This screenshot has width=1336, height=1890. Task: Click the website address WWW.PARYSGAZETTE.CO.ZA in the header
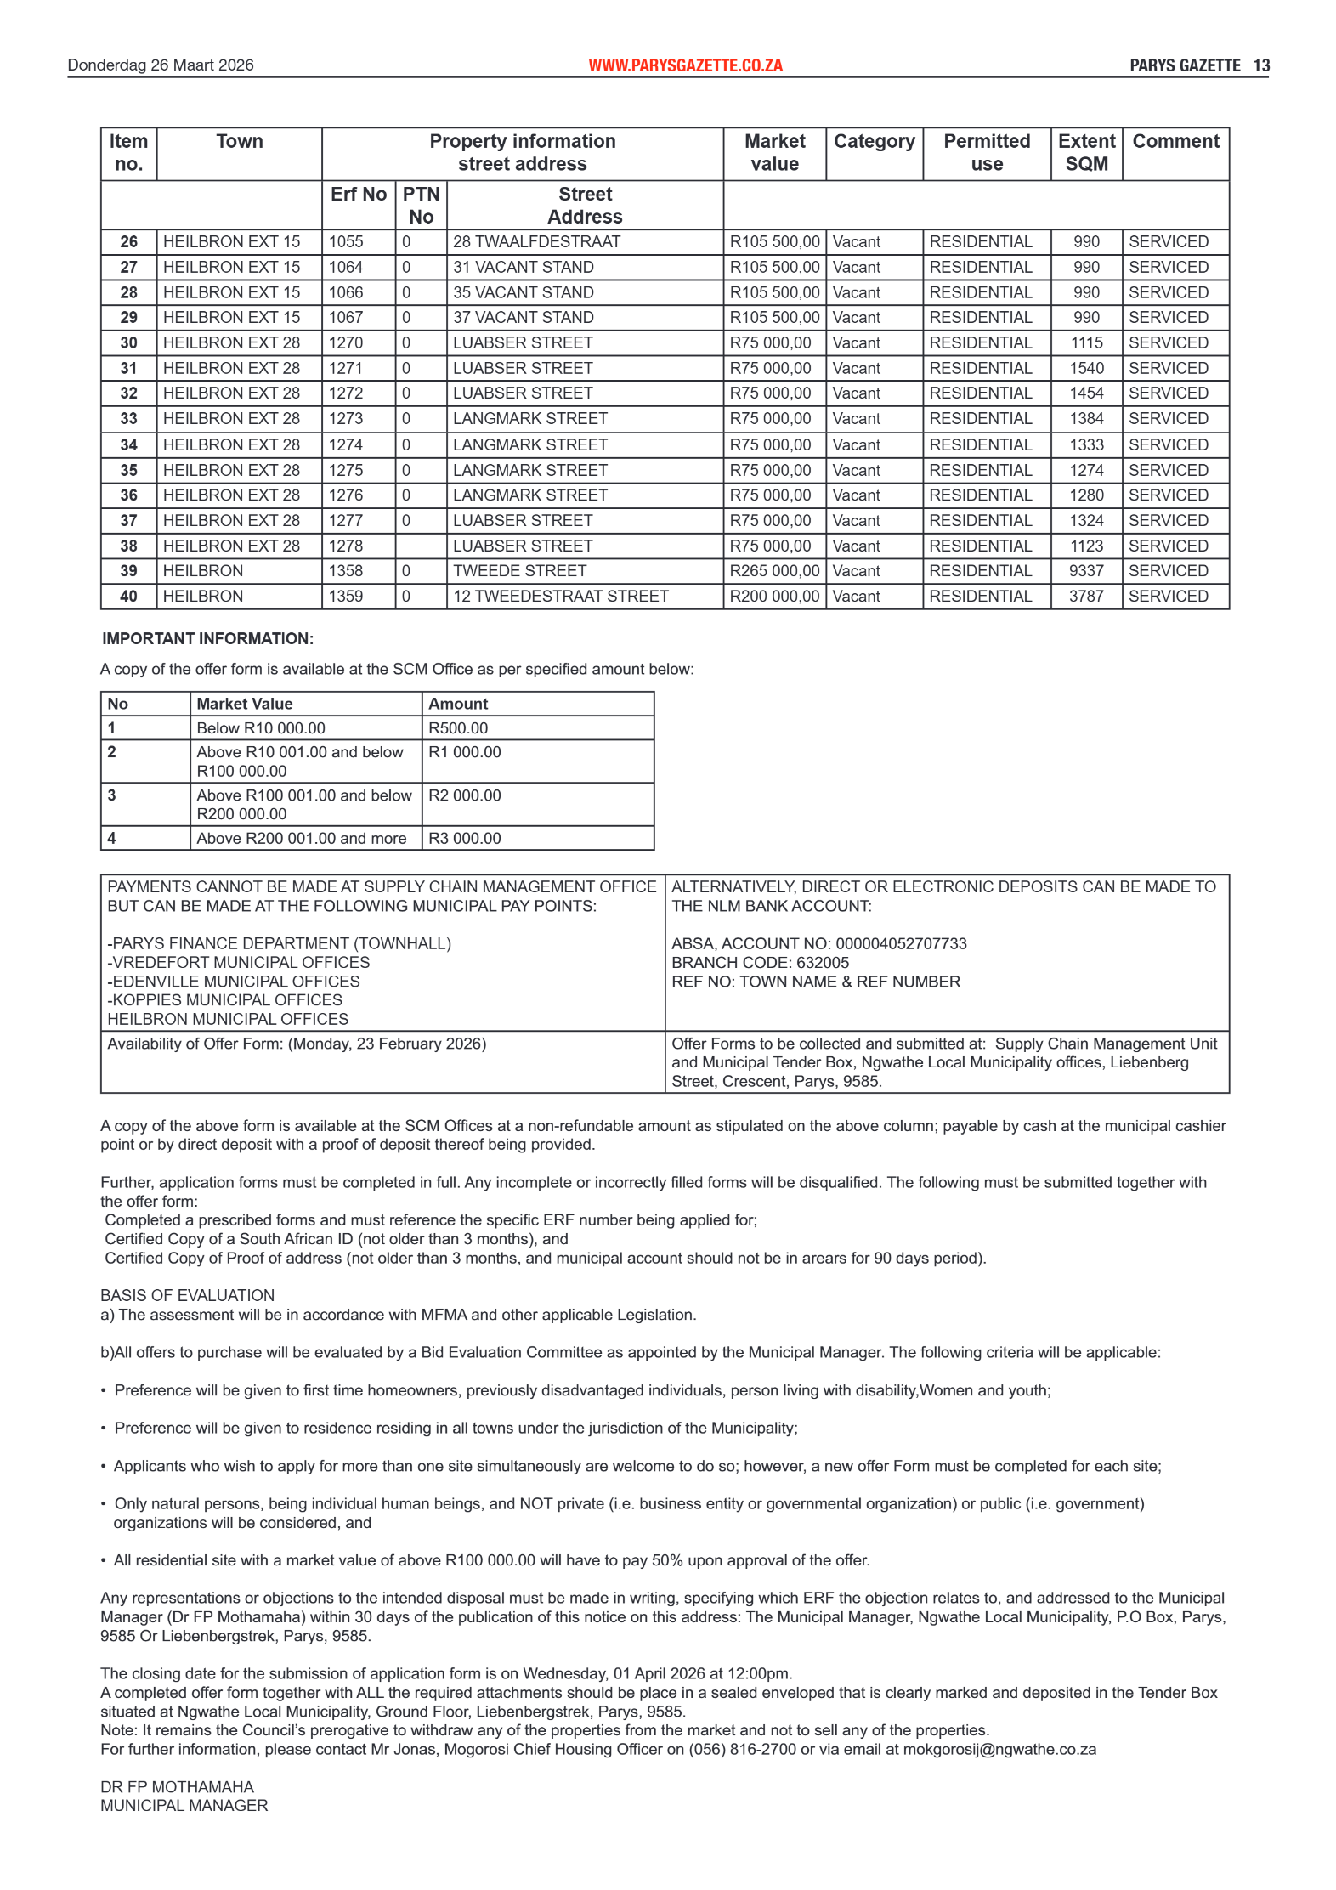point(685,65)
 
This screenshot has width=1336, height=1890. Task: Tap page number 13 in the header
point(1261,65)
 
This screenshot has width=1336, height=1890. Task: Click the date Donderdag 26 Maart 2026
point(161,65)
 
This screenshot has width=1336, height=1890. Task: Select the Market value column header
point(774,153)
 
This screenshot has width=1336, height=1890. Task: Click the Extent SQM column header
point(1086,153)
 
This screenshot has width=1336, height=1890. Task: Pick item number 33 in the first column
point(128,419)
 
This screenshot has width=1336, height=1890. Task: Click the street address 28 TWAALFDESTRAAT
point(536,242)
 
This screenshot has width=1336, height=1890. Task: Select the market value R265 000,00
point(774,571)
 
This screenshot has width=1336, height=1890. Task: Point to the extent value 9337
point(1086,571)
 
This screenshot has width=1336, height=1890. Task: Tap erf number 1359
point(346,597)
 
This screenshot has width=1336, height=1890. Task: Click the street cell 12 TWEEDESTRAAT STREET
point(561,597)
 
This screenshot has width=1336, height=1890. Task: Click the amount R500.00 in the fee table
point(458,728)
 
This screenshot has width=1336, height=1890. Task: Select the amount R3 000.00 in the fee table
point(465,839)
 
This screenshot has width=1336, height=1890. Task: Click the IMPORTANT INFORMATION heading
point(208,639)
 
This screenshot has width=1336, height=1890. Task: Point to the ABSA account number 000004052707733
point(901,944)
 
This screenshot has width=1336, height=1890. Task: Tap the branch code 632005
point(822,963)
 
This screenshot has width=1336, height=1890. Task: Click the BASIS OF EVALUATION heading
point(188,1296)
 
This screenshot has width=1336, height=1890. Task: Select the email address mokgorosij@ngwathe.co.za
point(999,1750)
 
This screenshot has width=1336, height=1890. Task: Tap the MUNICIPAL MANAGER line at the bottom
point(184,1806)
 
